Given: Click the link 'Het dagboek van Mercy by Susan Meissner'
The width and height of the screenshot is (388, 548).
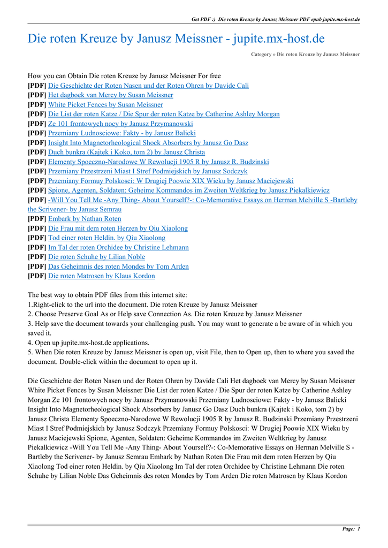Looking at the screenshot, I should click(110, 95).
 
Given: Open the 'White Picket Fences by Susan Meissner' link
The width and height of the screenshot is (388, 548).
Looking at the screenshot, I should click(105, 104).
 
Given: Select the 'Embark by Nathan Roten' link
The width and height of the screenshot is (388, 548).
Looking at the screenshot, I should click(85, 218).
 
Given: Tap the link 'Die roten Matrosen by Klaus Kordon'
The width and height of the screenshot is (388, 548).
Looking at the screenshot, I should click(101, 276).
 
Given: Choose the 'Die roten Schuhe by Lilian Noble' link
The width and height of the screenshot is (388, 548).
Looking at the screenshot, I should click(96, 257).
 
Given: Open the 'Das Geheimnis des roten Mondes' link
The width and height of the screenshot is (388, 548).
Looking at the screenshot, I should click(118, 267).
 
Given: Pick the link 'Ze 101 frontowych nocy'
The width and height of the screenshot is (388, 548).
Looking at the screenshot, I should click(120, 124).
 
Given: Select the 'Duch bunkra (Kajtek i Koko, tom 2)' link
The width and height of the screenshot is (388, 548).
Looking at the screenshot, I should click(126, 152).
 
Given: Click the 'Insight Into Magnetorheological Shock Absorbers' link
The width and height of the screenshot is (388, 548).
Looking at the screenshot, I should click(148, 143).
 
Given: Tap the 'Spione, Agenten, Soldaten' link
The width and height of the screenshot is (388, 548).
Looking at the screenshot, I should click(188, 190).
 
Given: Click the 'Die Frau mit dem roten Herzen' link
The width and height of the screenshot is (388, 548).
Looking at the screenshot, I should click(118, 228).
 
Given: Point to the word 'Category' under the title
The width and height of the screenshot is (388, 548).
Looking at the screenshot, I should click(261, 55).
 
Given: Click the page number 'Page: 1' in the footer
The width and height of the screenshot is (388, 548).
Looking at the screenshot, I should click(351, 529).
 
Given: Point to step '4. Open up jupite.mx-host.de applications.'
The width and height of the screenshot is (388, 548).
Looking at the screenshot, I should click(88, 342).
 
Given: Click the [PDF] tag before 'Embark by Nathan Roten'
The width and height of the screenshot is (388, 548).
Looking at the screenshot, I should click(37, 218).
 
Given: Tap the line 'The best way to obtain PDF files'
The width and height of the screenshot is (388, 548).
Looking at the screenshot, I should click(107, 295).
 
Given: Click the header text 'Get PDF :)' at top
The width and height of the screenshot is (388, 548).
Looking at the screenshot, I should click(203, 19).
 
